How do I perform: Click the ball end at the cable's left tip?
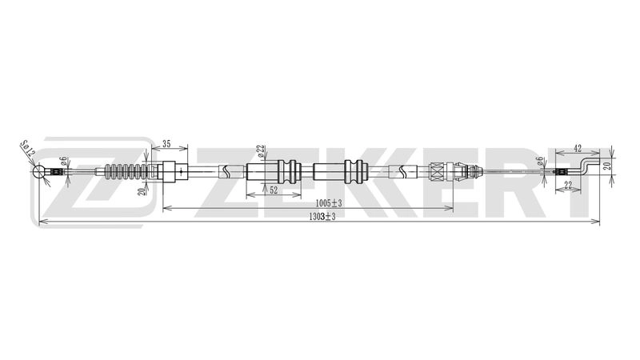pyautogui.click(x=39, y=171)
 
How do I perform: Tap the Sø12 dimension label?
pyautogui.click(x=28, y=149)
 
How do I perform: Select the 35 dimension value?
pyautogui.click(x=166, y=144)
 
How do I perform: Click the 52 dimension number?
pyautogui.click(x=274, y=190)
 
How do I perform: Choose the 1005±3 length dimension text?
pyautogui.click(x=329, y=203)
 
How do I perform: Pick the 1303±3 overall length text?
pyautogui.click(x=322, y=217)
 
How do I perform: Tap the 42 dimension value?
pyautogui.click(x=578, y=149)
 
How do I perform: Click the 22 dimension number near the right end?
pyautogui.click(x=567, y=185)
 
